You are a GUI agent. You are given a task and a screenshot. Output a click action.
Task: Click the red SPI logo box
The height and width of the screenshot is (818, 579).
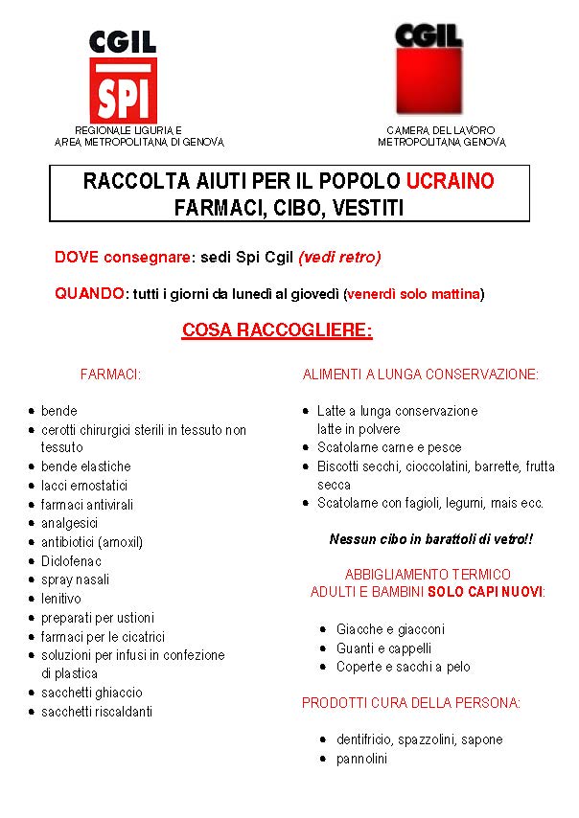[x=123, y=90]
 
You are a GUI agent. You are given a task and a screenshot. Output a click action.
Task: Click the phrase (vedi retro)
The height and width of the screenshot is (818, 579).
[x=339, y=257]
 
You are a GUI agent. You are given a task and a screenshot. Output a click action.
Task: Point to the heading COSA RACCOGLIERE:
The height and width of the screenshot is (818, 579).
[x=277, y=331]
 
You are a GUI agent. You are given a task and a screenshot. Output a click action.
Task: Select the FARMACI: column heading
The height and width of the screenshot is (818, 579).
[x=111, y=375]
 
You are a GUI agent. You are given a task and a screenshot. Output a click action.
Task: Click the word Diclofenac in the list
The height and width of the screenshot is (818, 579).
[x=71, y=561]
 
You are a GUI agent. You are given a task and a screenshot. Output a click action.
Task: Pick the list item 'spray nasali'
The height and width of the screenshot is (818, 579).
[x=75, y=579]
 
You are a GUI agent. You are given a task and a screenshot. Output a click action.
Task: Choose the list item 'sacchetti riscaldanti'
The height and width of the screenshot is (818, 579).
[x=96, y=712]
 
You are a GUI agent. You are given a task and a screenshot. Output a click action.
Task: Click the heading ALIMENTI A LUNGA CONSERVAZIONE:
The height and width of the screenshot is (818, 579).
[x=421, y=375]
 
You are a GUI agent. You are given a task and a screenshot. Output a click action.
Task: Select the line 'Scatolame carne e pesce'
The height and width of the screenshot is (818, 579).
[x=389, y=447]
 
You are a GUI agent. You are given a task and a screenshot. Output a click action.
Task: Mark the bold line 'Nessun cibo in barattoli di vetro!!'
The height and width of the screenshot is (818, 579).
[x=430, y=539]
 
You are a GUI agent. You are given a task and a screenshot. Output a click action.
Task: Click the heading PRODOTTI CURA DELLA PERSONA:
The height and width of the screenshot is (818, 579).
[x=411, y=703]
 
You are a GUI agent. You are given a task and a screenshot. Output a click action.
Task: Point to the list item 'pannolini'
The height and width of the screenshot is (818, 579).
[x=361, y=759]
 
